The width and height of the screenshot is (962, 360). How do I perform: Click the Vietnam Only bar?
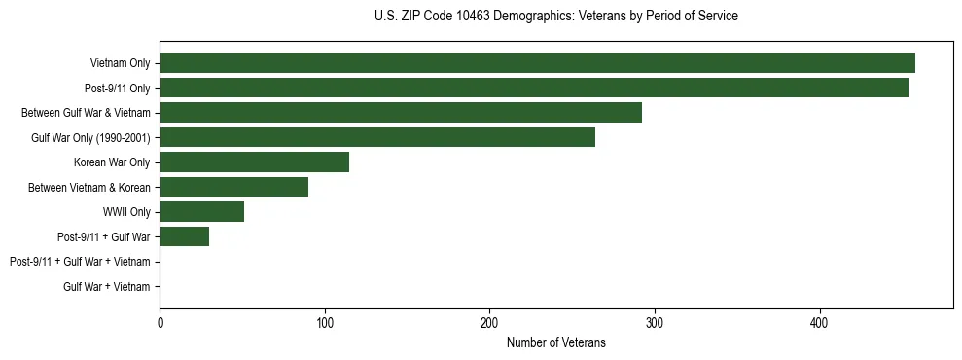click(537, 63)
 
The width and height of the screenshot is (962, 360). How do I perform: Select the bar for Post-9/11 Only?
click(534, 88)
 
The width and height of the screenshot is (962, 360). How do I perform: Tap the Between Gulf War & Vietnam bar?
click(401, 113)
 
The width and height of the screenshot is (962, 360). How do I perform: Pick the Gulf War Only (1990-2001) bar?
click(377, 137)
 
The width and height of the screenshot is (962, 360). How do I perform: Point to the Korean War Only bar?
click(254, 162)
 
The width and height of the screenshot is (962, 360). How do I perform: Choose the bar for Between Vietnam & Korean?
click(233, 187)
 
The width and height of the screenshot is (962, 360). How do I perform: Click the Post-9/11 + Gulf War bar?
click(184, 236)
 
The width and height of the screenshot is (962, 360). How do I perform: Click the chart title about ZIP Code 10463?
click(555, 17)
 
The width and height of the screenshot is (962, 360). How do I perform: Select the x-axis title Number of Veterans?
click(555, 342)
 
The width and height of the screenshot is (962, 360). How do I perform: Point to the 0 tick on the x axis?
click(160, 323)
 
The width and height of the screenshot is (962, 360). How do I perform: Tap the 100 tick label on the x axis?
click(325, 323)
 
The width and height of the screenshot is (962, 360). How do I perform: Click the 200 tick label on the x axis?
click(489, 323)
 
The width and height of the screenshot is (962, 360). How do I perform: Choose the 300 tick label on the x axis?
click(655, 323)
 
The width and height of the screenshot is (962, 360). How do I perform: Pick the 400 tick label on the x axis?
click(820, 323)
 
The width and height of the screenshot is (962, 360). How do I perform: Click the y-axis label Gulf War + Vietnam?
click(106, 286)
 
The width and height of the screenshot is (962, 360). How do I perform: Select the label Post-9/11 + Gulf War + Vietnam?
click(80, 262)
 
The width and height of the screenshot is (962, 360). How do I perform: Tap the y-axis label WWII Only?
click(120, 212)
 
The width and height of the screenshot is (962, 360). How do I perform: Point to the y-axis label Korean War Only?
click(112, 162)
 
